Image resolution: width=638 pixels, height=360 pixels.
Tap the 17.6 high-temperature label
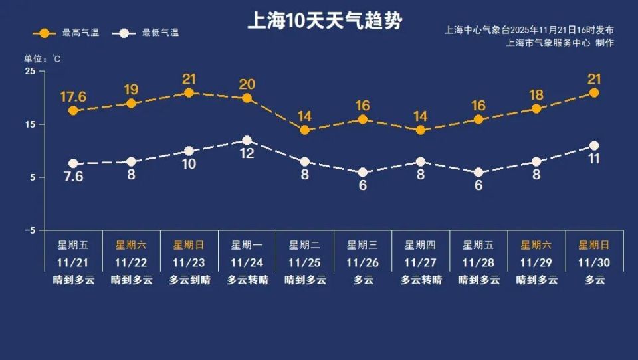tap(73, 97)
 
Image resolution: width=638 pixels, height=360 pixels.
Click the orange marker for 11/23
tap(189, 93)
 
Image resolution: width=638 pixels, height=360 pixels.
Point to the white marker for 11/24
tap(247, 141)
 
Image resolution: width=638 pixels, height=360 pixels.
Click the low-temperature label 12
tap(247, 153)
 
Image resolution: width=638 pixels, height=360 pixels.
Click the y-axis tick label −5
tap(30, 230)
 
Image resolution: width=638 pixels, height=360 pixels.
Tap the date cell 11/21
tap(73, 263)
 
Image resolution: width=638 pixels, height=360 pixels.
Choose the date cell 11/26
tap(363, 263)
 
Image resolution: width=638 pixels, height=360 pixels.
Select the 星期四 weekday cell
tap(421, 245)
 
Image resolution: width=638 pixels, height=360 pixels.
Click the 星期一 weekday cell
tap(247, 245)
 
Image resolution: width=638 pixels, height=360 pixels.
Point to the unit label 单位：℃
tap(43, 58)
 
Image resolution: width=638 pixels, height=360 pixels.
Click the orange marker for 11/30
tap(594, 93)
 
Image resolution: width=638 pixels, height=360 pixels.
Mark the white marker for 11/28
tap(478, 173)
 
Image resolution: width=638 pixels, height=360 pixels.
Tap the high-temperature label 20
tap(247, 84)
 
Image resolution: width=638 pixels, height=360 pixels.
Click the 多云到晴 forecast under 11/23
tap(189, 280)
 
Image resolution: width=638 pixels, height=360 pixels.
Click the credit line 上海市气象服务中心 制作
tap(560, 43)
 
